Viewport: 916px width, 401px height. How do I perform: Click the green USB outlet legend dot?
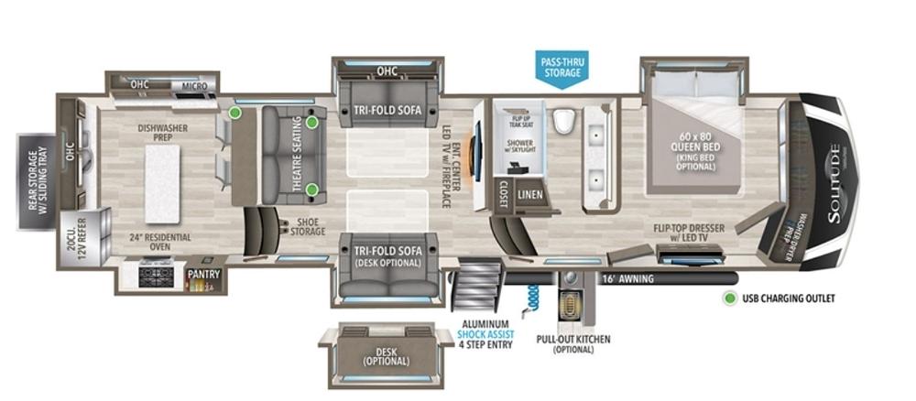pyautogui.click(x=729, y=298)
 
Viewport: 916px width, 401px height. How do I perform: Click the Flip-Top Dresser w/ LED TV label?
pyautogui.click(x=692, y=234)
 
